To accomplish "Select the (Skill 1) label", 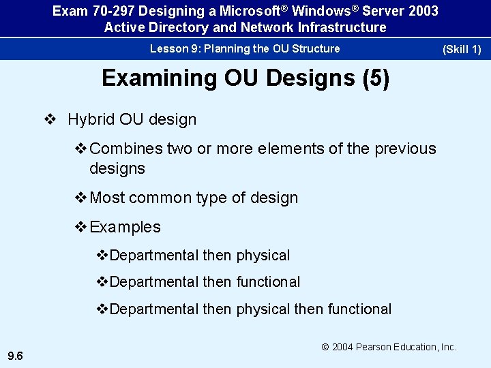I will (462, 49).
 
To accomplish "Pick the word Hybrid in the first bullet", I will (90, 120).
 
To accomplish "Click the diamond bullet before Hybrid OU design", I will (50, 120).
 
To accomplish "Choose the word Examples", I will (125, 227).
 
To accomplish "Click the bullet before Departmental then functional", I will (102, 282).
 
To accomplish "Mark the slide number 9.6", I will (16, 355).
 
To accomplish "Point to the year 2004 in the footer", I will (344, 347).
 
